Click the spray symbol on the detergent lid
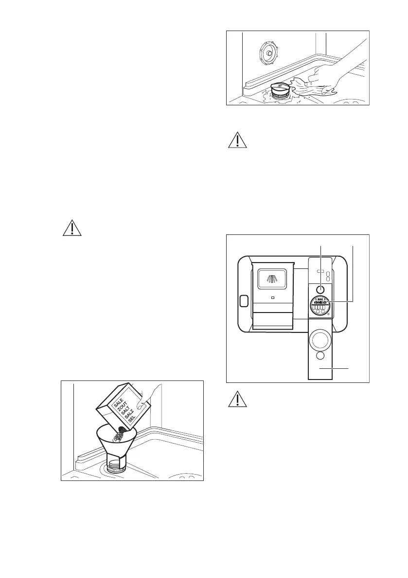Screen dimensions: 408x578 (272, 279)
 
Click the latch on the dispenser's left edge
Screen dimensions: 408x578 (244, 301)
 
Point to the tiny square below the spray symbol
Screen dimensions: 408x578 (272, 297)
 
